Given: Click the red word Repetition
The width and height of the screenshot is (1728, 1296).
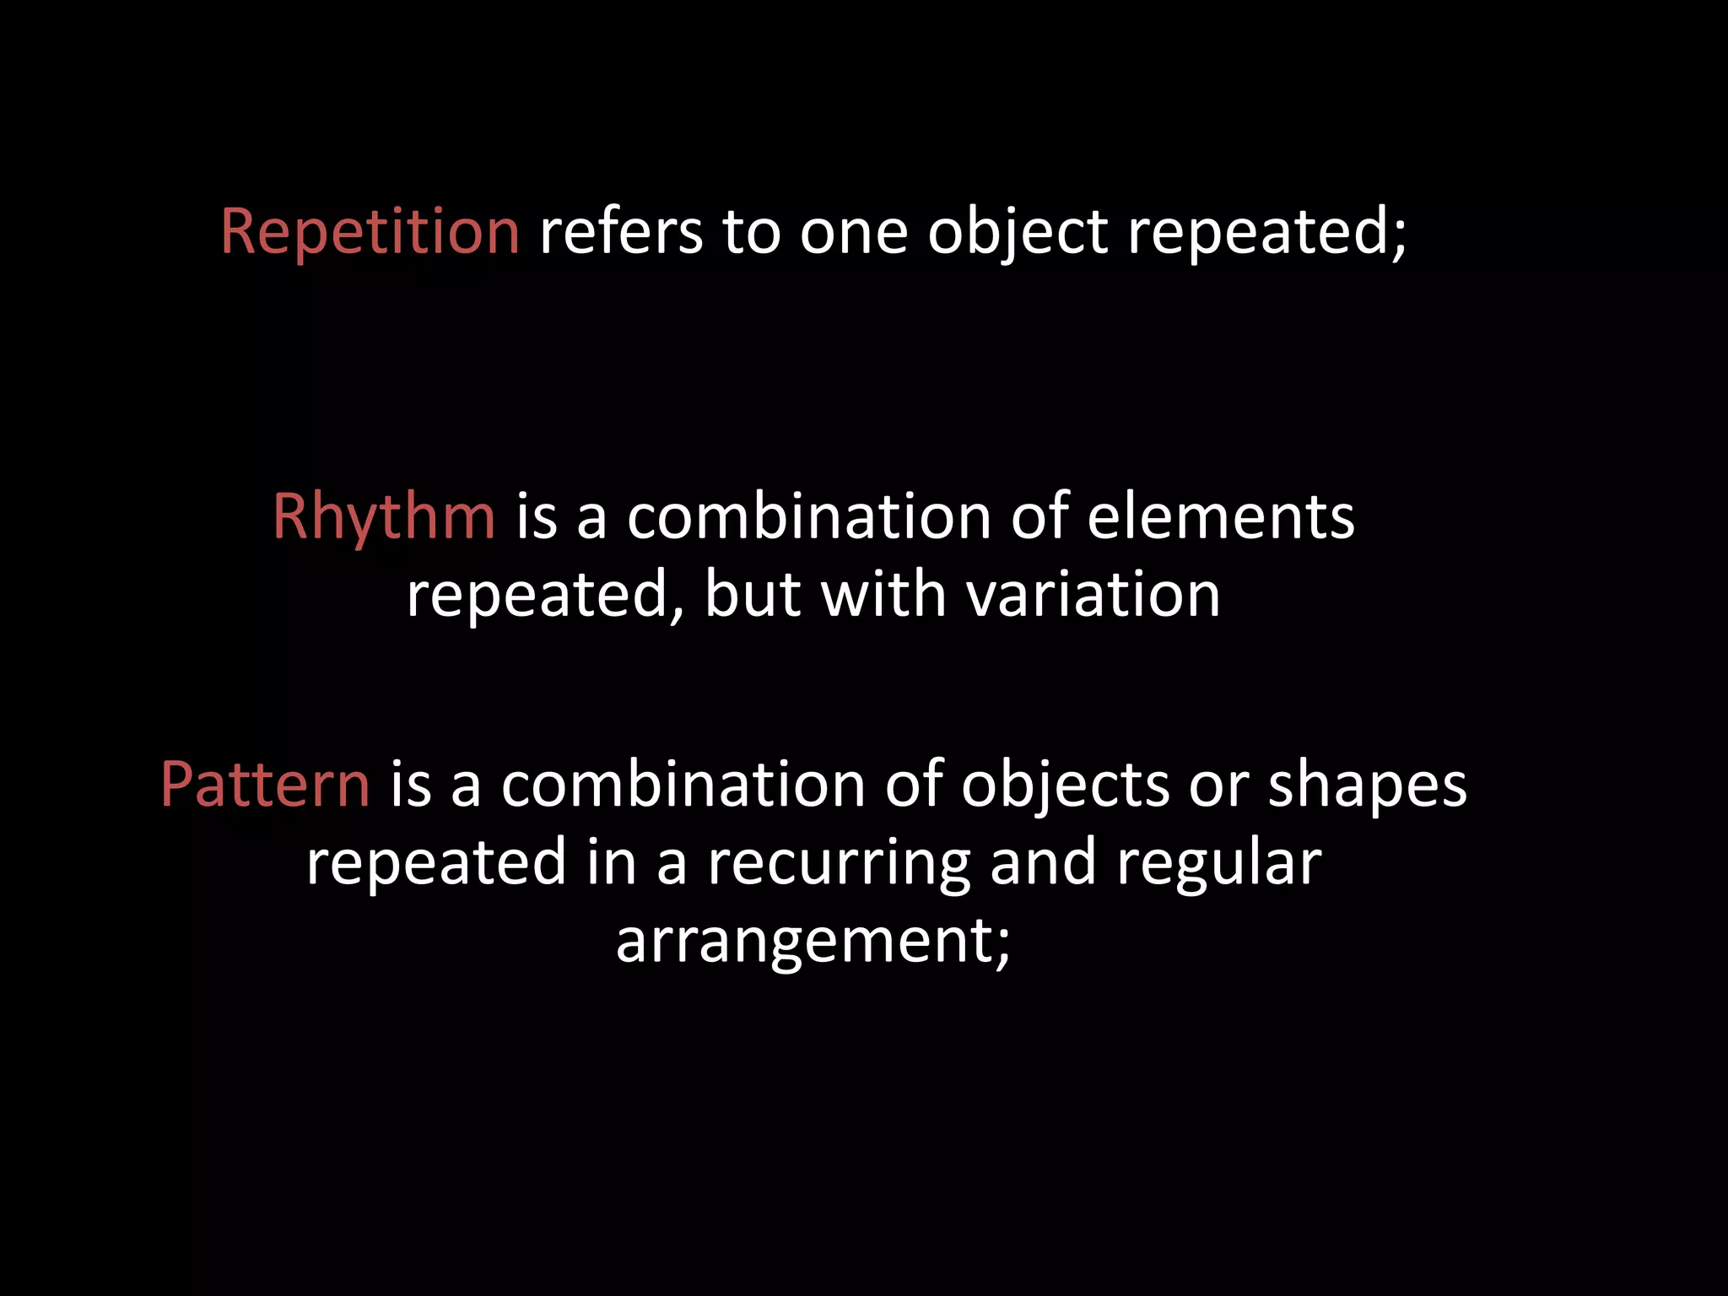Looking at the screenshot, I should (370, 231).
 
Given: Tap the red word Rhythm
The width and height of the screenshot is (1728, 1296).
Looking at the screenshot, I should (384, 516).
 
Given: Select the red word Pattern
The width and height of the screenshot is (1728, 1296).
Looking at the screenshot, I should (265, 785).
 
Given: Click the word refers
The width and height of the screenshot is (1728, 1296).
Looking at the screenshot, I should (621, 231).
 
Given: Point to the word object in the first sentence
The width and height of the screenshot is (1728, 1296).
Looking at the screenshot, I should (1018, 233).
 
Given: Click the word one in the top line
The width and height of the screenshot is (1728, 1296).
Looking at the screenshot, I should (853, 233).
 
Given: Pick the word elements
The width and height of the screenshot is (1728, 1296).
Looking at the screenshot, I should (1221, 516).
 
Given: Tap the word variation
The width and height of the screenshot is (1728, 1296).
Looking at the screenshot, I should (1093, 594).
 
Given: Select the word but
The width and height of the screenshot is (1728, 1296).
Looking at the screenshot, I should (753, 594).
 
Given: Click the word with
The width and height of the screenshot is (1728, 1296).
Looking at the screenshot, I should (883, 594).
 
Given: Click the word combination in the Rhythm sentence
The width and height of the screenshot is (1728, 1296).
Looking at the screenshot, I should (809, 516).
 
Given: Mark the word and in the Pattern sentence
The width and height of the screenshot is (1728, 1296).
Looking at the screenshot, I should (1043, 862).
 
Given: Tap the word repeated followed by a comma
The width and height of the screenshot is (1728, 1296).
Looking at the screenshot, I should (538, 596).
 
